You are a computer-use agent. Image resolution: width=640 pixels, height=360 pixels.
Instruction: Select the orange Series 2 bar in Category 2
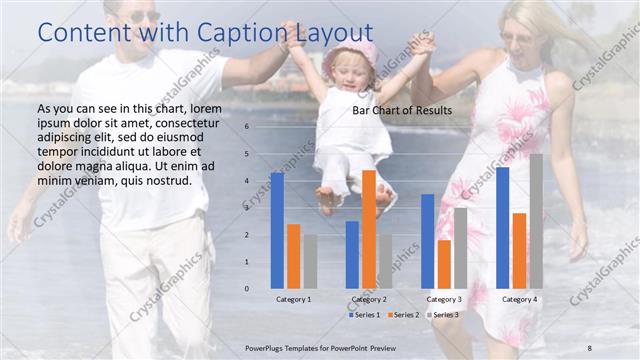click(x=369, y=229)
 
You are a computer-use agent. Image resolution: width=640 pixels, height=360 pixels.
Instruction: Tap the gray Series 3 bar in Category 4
click(x=536, y=221)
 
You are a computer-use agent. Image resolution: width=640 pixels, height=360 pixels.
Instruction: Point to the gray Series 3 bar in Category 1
click(x=310, y=262)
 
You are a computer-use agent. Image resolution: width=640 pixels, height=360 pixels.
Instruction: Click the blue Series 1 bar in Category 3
click(x=427, y=241)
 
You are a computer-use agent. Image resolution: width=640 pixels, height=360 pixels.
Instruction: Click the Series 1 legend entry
click(x=365, y=315)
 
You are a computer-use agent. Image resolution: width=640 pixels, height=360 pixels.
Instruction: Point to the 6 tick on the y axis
click(x=247, y=127)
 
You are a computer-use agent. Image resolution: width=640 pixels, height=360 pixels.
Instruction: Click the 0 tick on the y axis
click(x=247, y=289)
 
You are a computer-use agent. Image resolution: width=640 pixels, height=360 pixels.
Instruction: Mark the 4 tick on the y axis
click(x=247, y=181)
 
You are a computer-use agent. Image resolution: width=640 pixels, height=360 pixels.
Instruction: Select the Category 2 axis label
click(x=369, y=299)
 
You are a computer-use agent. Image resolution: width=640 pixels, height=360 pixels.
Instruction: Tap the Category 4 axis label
click(x=519, y=299)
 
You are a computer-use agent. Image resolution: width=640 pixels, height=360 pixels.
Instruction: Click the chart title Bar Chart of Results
click(x=402, y=110)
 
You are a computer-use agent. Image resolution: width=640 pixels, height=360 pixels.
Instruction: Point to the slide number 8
click(x=591, y=346)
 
